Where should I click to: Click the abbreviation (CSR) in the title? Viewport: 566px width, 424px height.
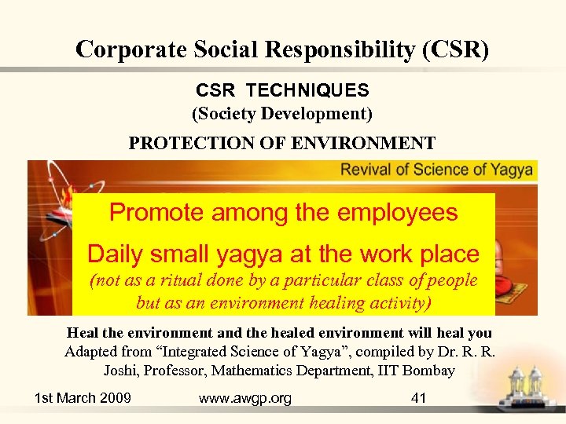click(x=455, y=49)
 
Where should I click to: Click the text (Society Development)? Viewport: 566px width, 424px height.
click(x=282, y=114)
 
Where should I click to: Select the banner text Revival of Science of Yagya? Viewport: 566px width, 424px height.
click(x=437, y=170)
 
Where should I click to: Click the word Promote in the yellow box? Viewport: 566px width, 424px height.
click(x=153, y=212)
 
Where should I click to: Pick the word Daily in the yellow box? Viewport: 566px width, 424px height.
click(x=115, y=254)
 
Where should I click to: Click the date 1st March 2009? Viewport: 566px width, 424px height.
click(x=83, y=398)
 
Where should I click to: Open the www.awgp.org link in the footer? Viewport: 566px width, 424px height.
click(x=245, y=398)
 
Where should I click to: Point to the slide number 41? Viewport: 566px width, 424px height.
click(x=419, y=398)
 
